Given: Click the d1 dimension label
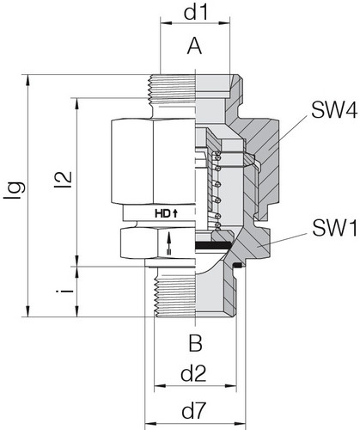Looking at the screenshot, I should tap(195, 15).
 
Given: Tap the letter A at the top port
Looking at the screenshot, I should tap(195, 49).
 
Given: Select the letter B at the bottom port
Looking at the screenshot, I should tap(195, 345).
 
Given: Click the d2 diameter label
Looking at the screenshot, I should tap(195, 374).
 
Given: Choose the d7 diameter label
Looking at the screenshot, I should tap(195, 411).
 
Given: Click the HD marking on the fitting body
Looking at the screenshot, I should tap(161, 212).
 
